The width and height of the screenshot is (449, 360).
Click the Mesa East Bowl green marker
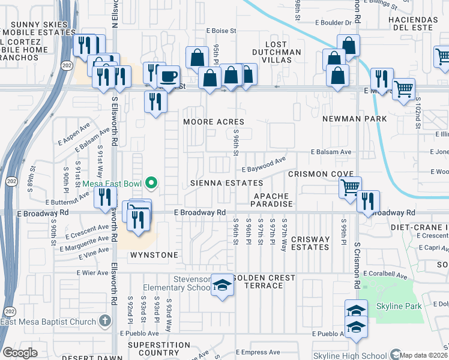tap(152, 184)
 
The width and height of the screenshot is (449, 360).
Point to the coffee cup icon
tap(169, 76)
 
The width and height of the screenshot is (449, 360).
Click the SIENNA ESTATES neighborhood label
tap(227, 182)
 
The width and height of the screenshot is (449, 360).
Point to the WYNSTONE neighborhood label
tap(154, 255)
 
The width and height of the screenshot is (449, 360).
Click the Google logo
tap(20, 353)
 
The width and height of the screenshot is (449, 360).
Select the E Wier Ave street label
tap(92, 272)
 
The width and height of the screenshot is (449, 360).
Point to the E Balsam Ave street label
tap(331, 152)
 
